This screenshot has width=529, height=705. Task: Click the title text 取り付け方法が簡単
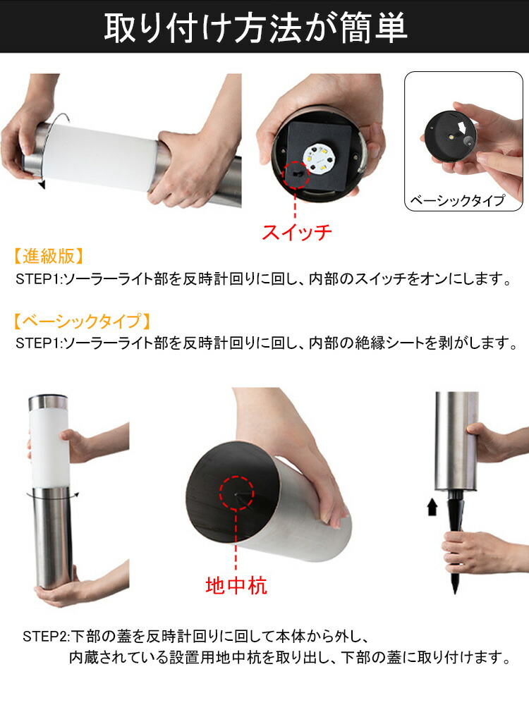(x=255, y=27)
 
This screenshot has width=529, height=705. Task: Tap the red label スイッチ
(x=296, y=232)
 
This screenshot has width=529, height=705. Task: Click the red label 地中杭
(x=236, y=585)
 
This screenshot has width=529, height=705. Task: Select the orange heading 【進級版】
(x=49, y=256)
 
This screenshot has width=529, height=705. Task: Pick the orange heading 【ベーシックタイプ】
(x=81, y=321)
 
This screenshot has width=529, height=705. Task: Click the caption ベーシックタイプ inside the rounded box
(x=458, y=200)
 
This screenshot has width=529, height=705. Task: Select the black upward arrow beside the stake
(x=432, y=506)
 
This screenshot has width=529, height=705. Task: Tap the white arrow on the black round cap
(x=461, y=128)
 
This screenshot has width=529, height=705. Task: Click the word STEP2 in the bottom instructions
(x=45, y=636)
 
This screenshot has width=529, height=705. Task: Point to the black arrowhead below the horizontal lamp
(x=42, y=185)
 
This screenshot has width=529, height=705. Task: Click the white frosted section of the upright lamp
(x=49, y=448)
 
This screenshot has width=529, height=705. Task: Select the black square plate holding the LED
(x=319, y=156)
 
